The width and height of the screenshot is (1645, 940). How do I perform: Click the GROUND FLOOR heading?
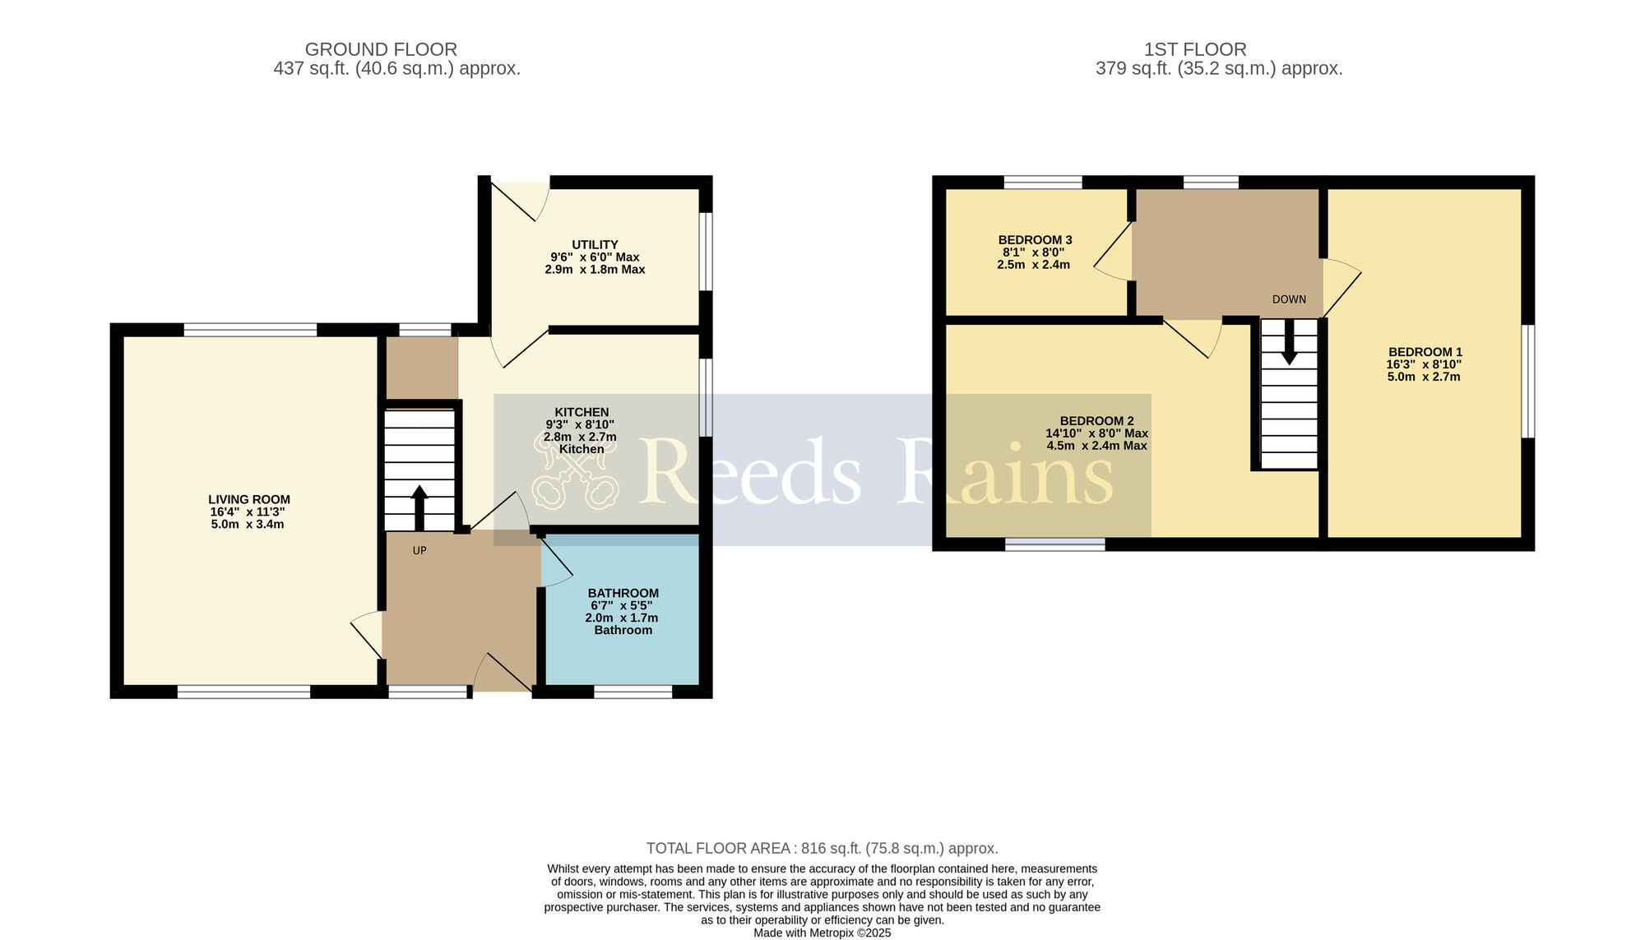(x=381, y=49)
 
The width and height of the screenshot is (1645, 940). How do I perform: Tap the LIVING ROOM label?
(x=249, y=499)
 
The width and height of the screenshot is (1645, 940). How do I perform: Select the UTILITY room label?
(x=595, y=244)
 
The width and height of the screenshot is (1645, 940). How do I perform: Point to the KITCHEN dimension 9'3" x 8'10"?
(x=580, y=424)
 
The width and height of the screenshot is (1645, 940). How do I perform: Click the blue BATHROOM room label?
(x=623, y=593)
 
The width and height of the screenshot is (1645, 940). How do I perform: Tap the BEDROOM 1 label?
(x=1425, y=351)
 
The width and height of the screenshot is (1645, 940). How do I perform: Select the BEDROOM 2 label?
(x=1096, y=420)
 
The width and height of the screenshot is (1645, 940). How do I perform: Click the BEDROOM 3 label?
(x=1035, y=239)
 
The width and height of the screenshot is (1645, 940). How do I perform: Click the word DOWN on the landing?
(x=1289, y=299)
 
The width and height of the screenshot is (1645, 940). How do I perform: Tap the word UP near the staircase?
(x=419, y=550)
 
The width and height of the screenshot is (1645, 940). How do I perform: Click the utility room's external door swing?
(x=526, y=200)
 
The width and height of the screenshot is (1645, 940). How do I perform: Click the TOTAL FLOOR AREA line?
(x=822, y=848)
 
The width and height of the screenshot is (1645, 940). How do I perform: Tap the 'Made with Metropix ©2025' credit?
(x=822, y=933)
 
